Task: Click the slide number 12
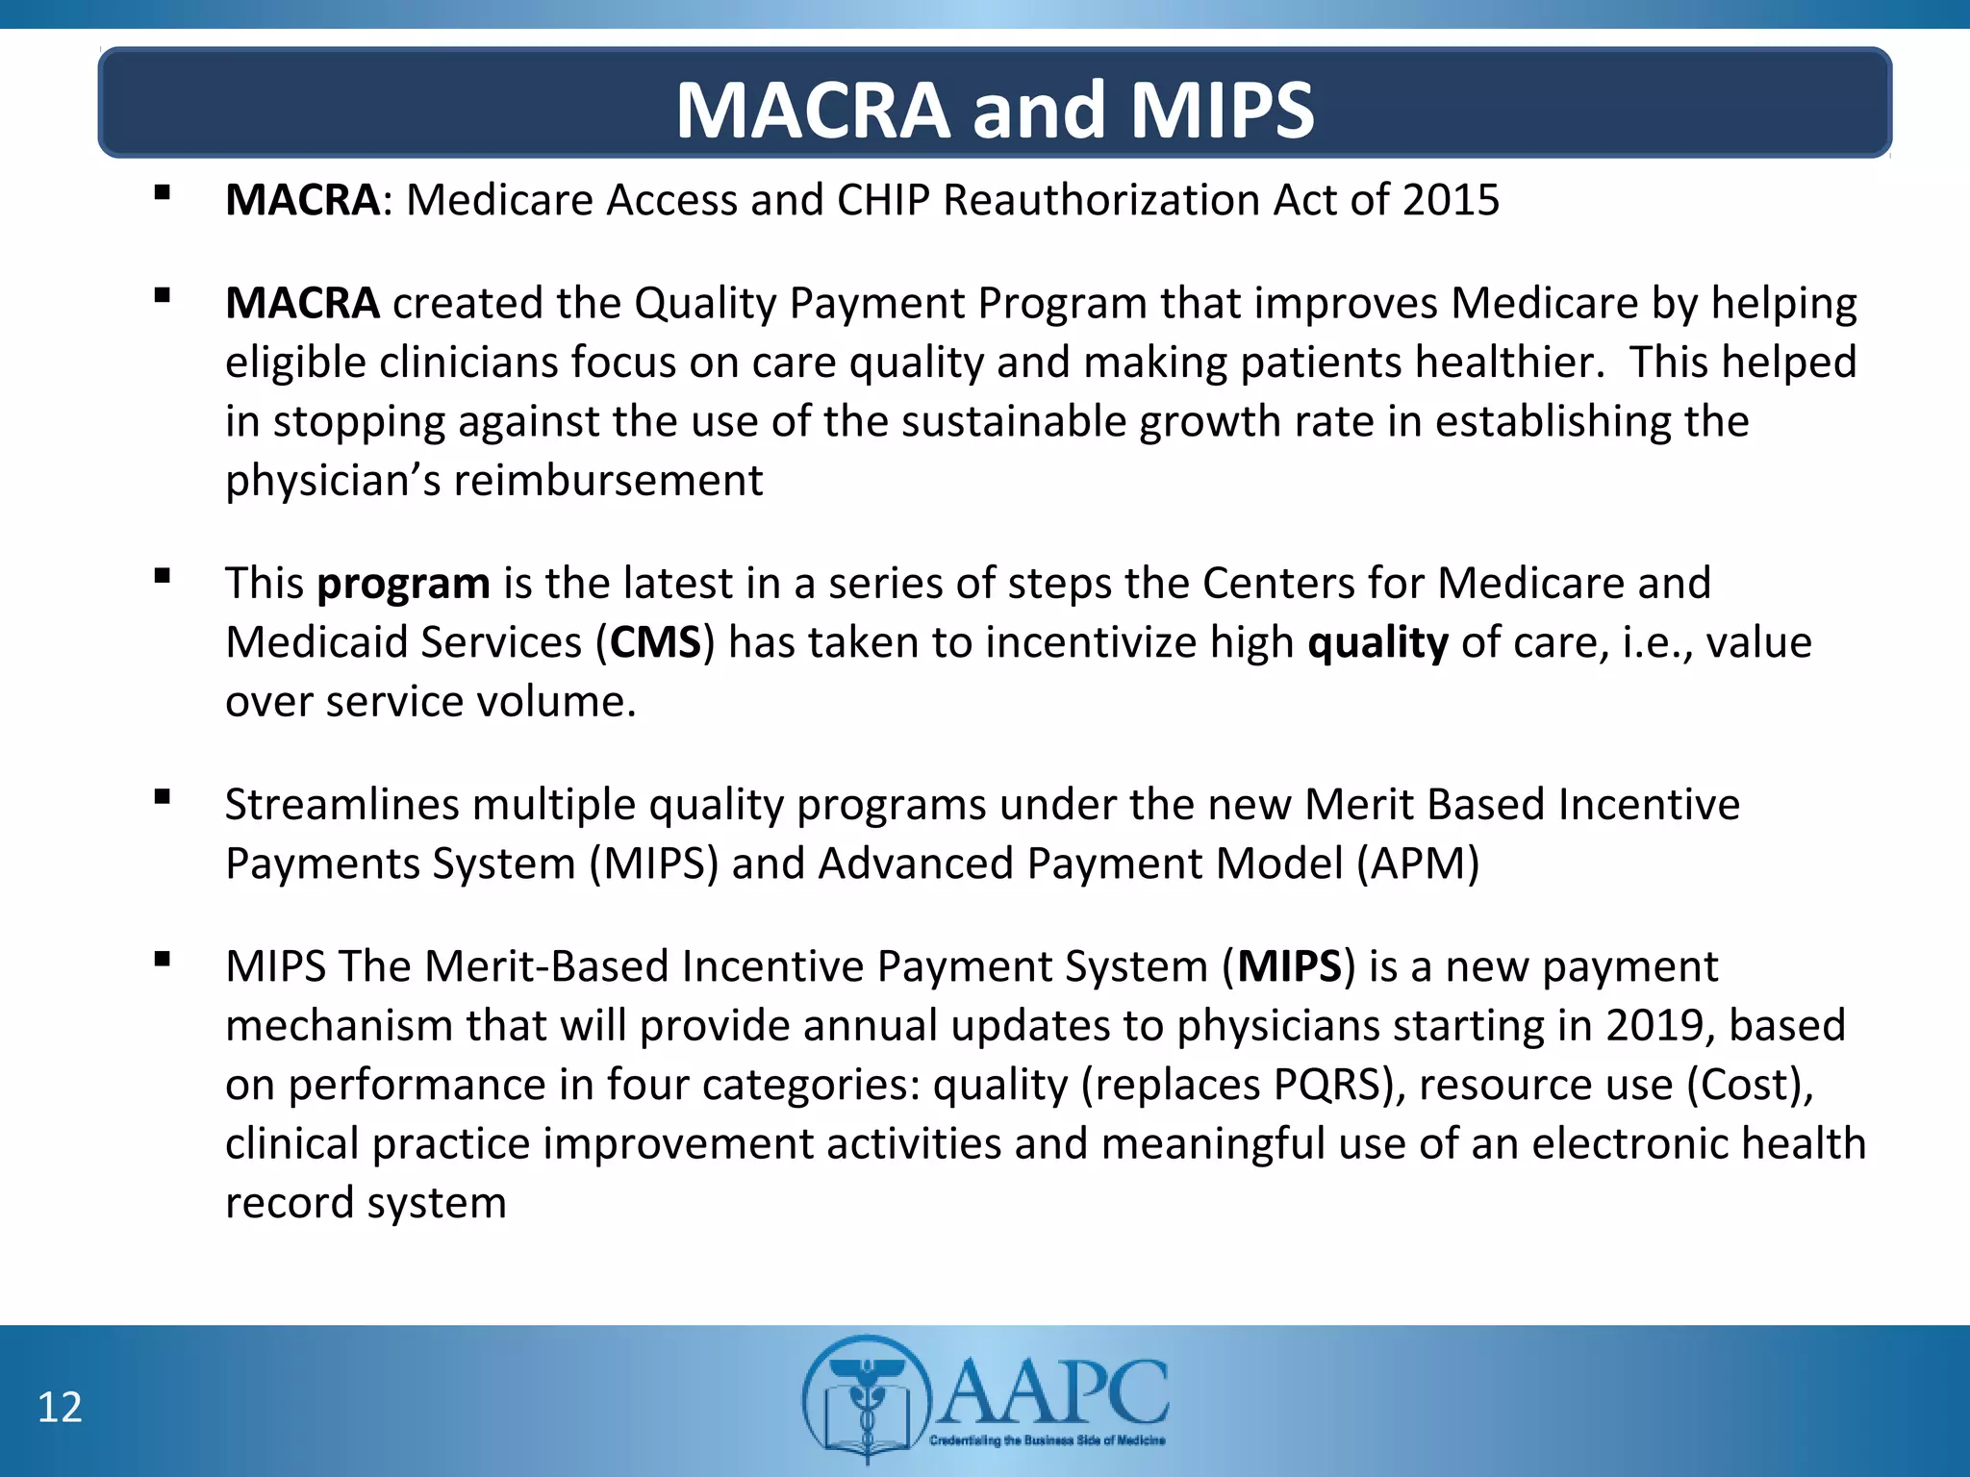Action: (60, 1408)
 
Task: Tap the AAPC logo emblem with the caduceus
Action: (867, 1400)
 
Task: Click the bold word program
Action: (404, 584)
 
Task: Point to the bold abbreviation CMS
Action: (655, 642)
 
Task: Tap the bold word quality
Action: (1377, 642)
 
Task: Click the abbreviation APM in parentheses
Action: (1417, 864)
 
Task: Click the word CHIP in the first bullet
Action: (883, 200)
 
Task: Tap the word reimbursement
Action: (608, 480)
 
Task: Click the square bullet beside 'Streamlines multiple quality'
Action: (162, 797)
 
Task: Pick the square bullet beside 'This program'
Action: (162, 576)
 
